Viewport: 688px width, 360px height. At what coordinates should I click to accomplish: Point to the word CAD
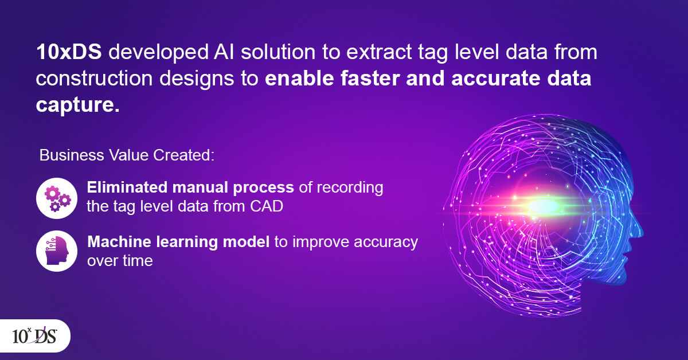[266, 206]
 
